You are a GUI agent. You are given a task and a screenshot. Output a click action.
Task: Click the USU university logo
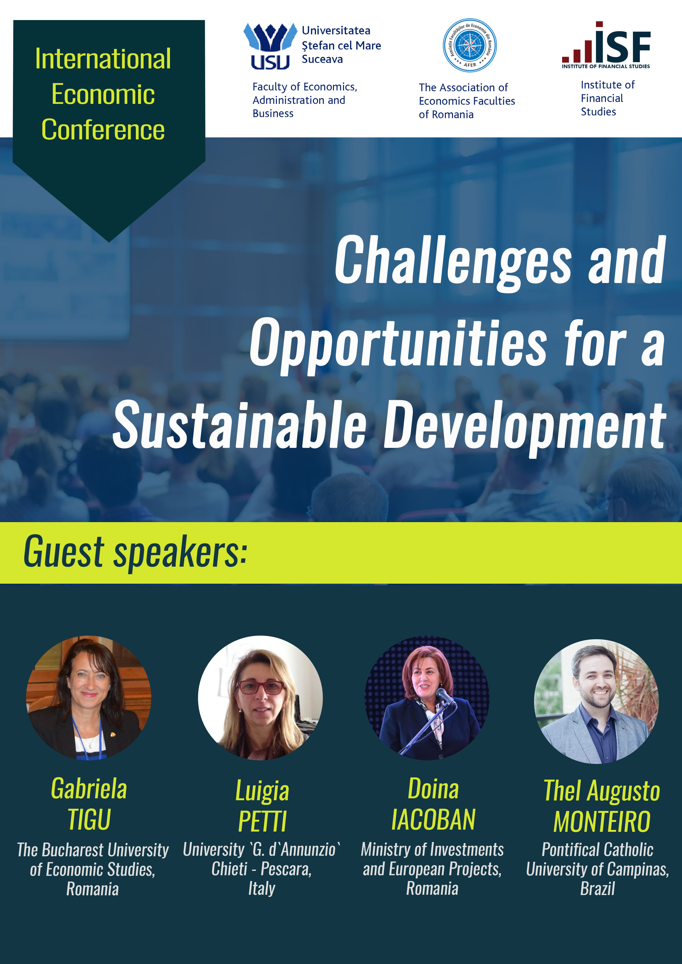point(270,46)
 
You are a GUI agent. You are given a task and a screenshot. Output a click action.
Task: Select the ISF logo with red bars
point(606,45)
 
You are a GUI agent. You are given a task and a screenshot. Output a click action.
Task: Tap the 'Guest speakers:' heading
point(135,552)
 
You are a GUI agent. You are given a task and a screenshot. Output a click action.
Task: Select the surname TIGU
point(89,819)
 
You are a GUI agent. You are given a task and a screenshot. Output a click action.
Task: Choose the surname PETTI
point(262,821)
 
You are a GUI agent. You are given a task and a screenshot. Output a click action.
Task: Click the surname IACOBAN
point(433,819)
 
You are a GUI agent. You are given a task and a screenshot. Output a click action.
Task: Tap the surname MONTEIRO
point(602,821)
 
